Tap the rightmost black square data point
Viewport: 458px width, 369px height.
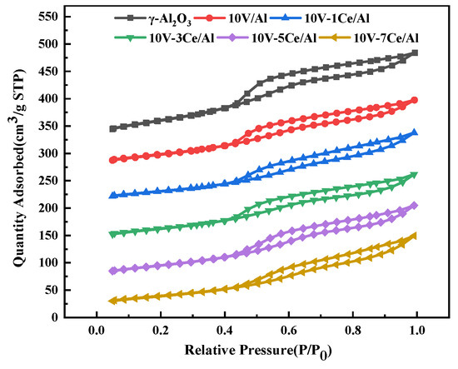(x=414, y=52)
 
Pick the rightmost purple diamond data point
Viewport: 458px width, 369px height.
(x=414, y=205)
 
